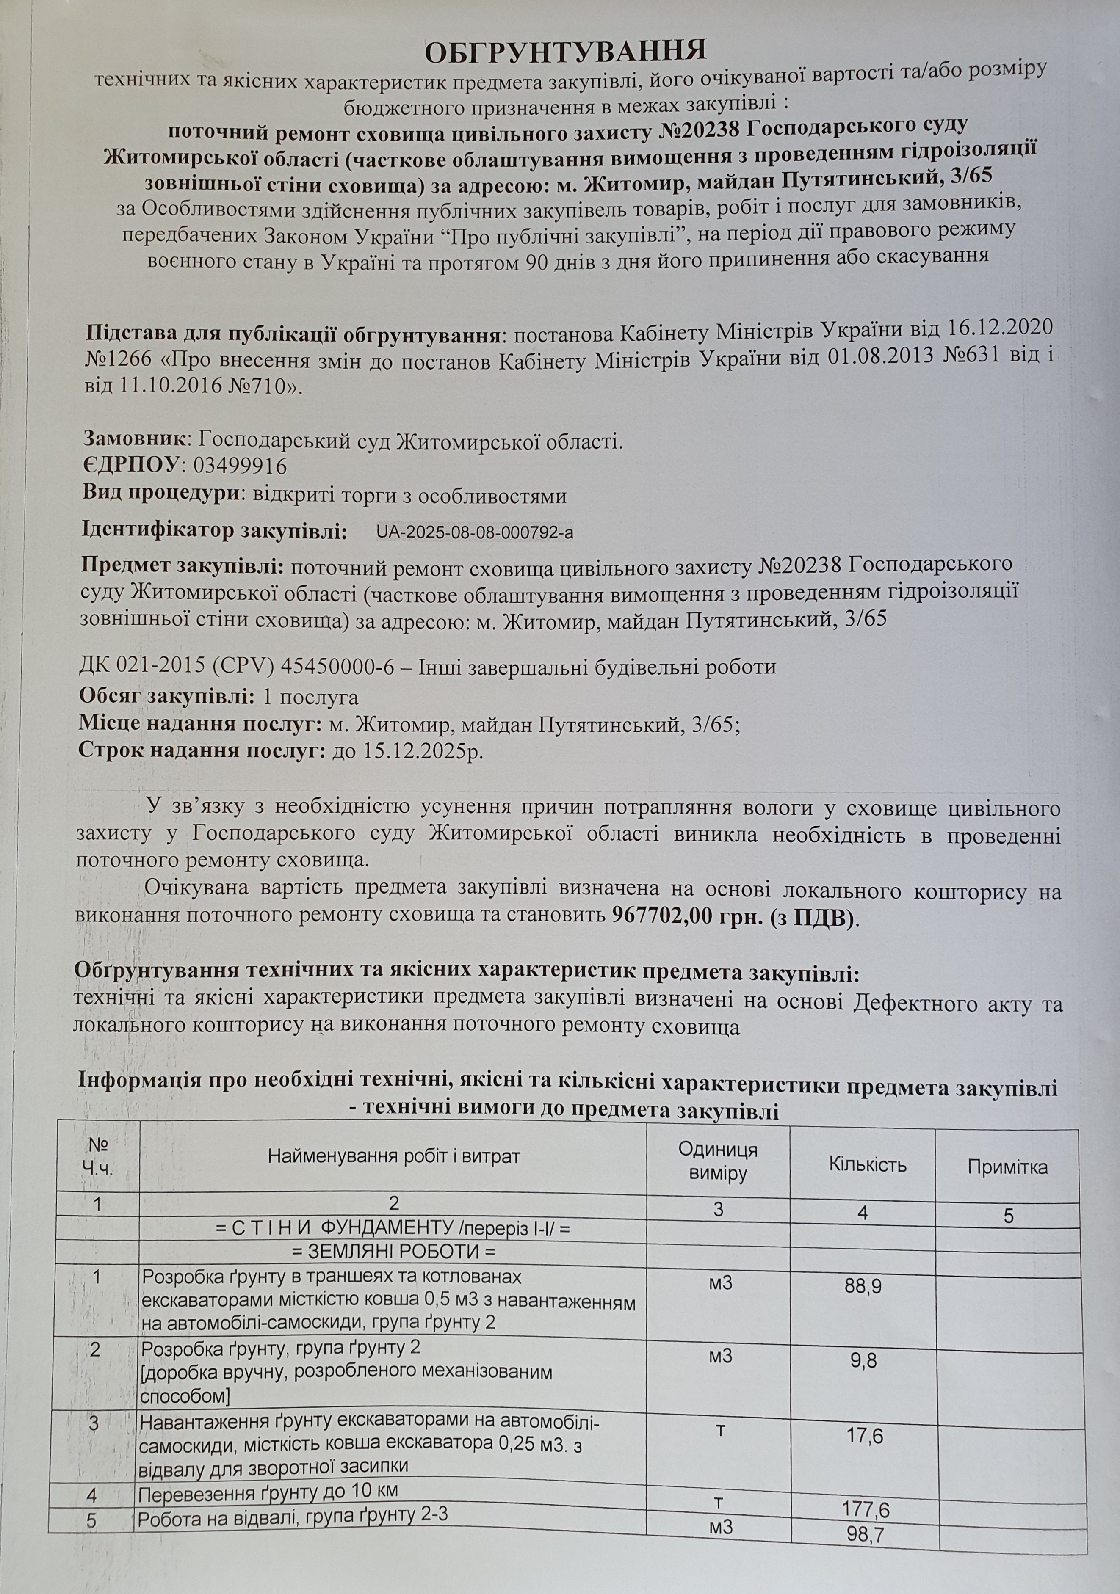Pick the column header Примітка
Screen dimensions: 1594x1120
[1007, 1167]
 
